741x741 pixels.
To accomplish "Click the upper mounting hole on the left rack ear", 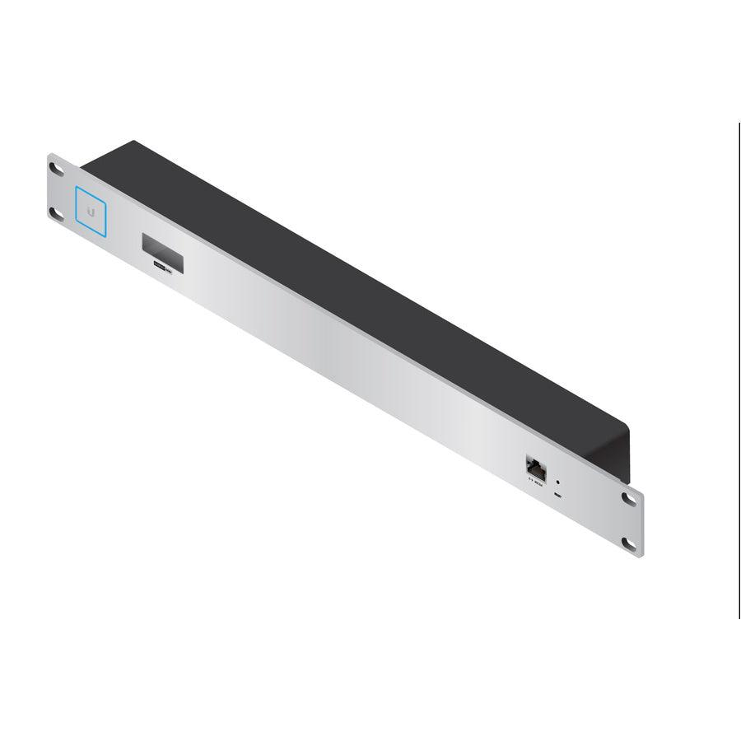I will point(57,168).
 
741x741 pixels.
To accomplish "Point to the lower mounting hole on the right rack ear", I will point(630,543).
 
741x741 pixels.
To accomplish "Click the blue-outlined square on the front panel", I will point(91,210).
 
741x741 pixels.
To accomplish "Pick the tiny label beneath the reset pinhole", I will point(559,496).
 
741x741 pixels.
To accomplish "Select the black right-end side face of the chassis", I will point(619,453).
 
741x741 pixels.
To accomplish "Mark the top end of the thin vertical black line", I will point(739,124).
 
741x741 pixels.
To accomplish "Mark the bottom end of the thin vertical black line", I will point(739,617).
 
